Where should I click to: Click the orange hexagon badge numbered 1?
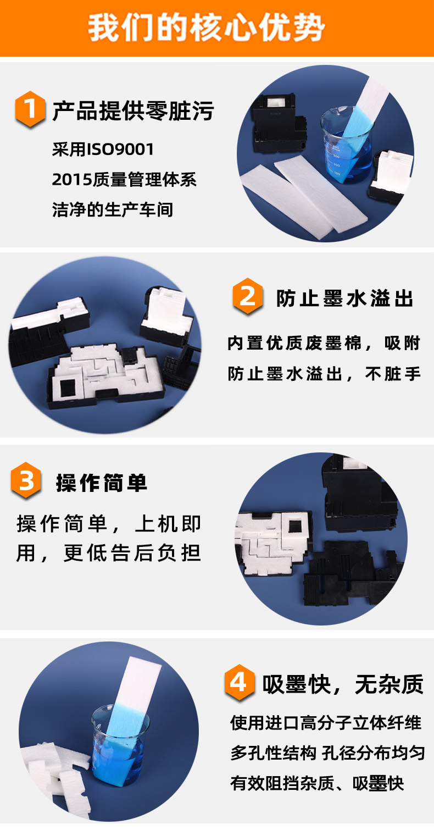(30, 109)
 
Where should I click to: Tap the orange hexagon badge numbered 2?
(248, 296)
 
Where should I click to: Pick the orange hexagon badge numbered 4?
(239, 682)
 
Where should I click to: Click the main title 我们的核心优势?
(206, 28)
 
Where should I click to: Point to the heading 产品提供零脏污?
(133, 110)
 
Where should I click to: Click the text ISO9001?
(120, 150)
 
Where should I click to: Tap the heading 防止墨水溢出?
(344, 298)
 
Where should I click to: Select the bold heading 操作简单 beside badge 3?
(102, 483)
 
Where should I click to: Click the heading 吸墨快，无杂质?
(343, 684)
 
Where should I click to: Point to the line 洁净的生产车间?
(113, 209)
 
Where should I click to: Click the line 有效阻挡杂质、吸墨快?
(317, 783)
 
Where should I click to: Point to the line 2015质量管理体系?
(124, 180)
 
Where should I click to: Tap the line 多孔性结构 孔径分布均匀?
(327, 753)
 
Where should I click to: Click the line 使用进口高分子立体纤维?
(326, 723)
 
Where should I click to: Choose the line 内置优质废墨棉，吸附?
(324, 344)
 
